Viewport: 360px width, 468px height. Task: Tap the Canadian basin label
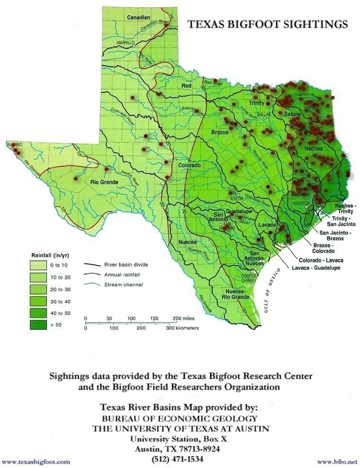138,18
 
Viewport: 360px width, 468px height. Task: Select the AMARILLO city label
126,43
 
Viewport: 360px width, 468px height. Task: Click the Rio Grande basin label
103,181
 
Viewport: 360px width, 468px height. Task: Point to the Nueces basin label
187,243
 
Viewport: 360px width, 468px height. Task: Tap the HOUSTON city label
297,203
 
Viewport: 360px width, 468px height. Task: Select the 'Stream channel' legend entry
120,285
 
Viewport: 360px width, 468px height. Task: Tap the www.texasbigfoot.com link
36,461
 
